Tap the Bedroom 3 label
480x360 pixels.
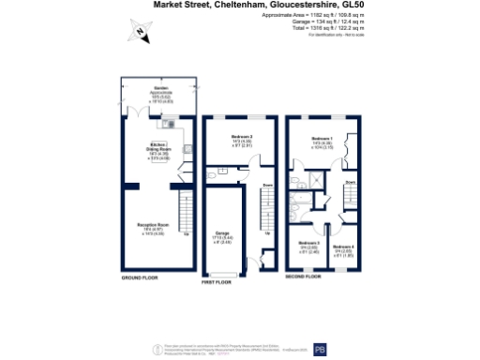[x=309, y=242]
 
